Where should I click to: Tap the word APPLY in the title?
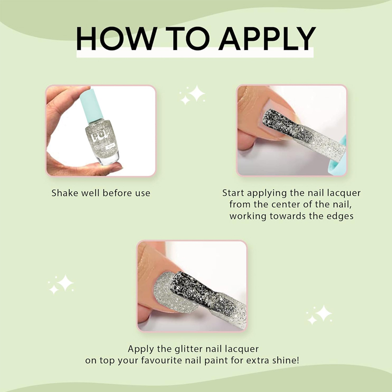coord(267,38)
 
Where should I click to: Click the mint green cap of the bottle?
coord(92,105)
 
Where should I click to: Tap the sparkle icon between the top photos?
coord(192,95)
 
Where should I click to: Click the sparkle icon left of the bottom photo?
coord(61,285)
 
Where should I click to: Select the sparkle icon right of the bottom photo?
coord(319,315)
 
